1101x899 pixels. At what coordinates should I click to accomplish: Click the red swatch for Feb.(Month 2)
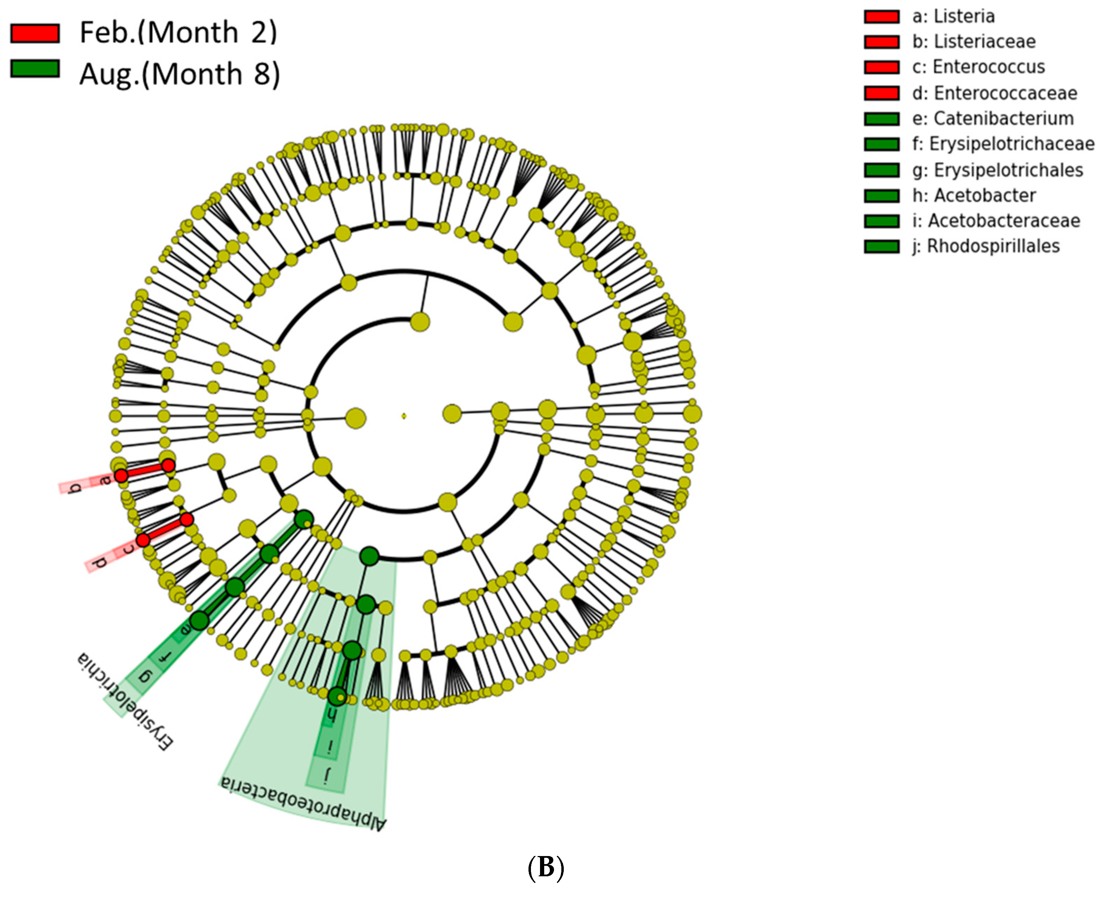35,34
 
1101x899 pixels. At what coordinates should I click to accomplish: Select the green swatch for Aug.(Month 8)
35,69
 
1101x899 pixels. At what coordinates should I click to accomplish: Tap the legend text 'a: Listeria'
953,16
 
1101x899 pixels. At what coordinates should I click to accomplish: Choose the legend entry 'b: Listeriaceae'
974,42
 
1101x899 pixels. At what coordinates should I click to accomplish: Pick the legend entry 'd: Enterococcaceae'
994,93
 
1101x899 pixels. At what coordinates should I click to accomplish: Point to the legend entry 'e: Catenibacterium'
993,119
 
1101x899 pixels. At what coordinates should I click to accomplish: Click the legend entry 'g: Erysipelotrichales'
997,170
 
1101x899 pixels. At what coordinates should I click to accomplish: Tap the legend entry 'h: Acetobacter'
974,195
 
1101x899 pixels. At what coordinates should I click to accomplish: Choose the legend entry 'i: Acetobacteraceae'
996,221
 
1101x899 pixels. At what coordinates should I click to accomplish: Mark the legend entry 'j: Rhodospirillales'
985,246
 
